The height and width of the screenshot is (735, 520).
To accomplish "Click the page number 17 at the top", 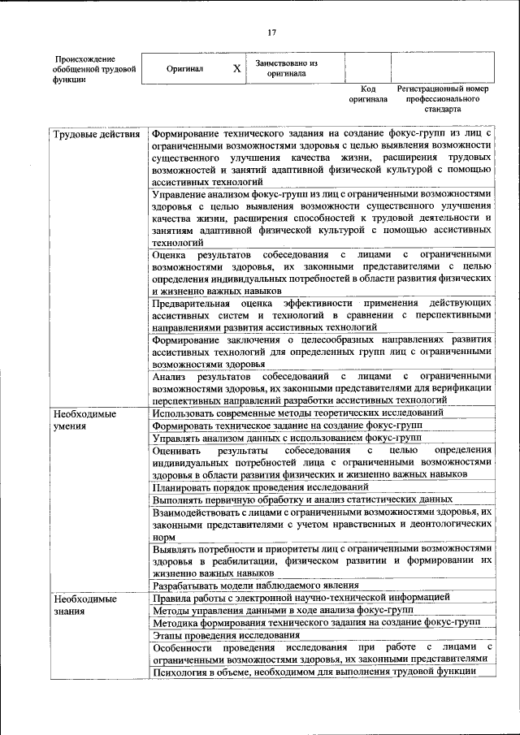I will coord(271,32).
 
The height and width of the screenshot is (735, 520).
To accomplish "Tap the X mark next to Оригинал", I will coord(236,69).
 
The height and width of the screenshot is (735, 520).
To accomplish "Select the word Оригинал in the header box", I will coord(184,69).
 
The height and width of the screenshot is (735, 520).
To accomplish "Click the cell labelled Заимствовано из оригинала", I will coord(286,68).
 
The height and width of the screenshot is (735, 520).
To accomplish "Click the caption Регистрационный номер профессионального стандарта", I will coord(442,97).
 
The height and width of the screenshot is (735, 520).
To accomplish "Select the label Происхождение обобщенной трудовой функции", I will coord(84,69).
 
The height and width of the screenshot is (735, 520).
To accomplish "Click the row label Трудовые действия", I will coord(96,133).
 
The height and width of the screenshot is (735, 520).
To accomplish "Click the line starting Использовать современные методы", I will coord(297,413).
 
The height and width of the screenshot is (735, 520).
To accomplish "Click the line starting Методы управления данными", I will coord(283,610).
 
